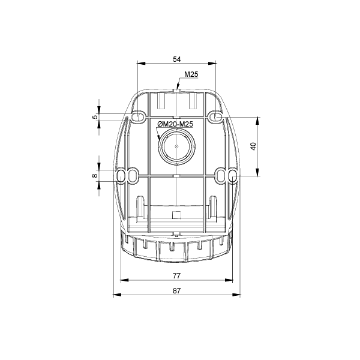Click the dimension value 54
click(x=176, y=59)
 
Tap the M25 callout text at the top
click(x=191, y=74)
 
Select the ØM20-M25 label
click(x=175, y=124)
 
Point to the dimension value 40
click(x=253, y=146)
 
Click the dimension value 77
click(x=176, y=275)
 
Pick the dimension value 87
click(x=176, y=290)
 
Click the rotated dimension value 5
click(x=95, y=117)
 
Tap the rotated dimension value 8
click(x=95, y=176)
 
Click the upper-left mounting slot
click(x=138, y=116)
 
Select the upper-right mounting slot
click(x=215, y=116)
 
